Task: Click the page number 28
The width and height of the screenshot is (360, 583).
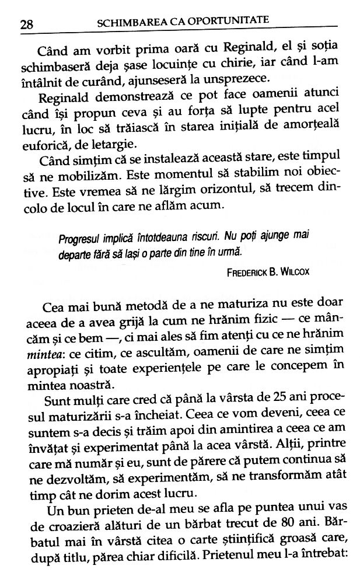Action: (26, 25)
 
